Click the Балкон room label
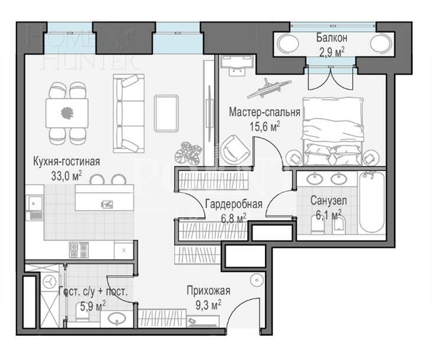tap(332, 38)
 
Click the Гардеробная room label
tap(233, 205)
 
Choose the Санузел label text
tap(328, 201)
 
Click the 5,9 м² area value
tap(92, 305)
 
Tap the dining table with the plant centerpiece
tap(67, 111)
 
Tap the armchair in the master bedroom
tap(235, 147)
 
